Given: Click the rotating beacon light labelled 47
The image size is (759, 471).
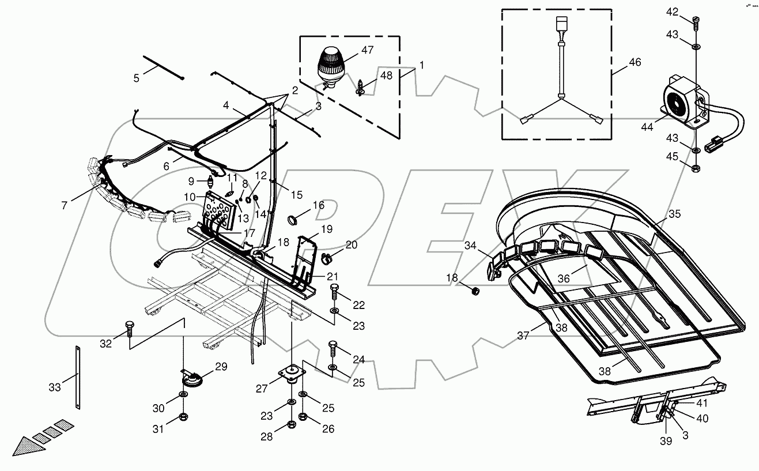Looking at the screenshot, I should [330, 63].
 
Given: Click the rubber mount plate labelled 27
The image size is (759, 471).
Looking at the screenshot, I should [291, 373].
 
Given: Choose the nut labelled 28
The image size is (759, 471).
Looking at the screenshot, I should [291, 427].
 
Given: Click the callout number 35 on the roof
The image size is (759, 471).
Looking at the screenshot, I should [674, 214].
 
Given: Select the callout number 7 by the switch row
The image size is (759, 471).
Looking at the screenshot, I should [64, 204].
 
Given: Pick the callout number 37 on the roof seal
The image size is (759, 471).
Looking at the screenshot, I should [523, 335].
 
